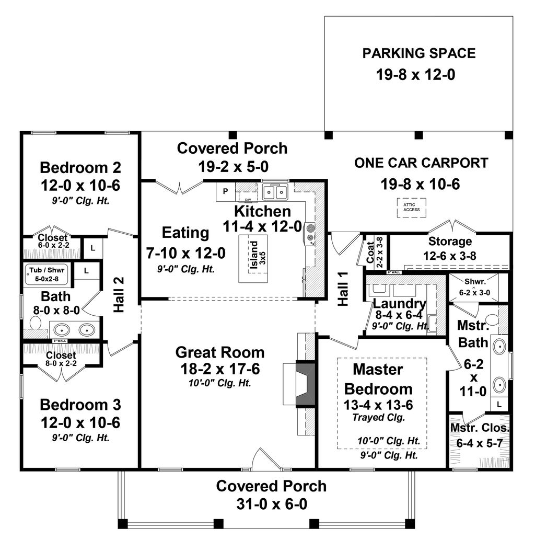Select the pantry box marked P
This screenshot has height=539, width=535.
[225, 191]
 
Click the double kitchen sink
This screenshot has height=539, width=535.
[275, 192]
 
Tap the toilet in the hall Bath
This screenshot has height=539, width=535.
[36, 323]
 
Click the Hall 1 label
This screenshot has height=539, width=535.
[343, 294]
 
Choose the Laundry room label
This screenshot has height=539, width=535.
[399, 303]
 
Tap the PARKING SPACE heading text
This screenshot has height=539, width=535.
[419, 53]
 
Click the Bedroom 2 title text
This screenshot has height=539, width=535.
[80, 168]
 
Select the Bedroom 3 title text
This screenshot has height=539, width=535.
[80, 405]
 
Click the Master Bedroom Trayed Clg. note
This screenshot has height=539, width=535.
[378, 417]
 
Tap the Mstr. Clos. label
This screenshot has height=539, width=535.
[480, 428]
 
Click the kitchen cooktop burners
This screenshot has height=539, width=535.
[310, 233]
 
